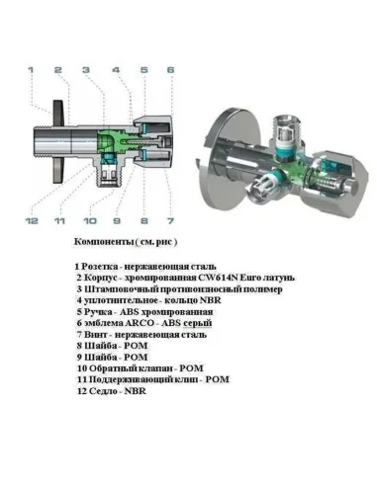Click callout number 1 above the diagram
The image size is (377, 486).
point(30,70)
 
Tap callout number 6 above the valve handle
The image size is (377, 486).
point(169,70)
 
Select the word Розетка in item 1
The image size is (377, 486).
point(103,268)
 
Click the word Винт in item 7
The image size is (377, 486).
point(97,334)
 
